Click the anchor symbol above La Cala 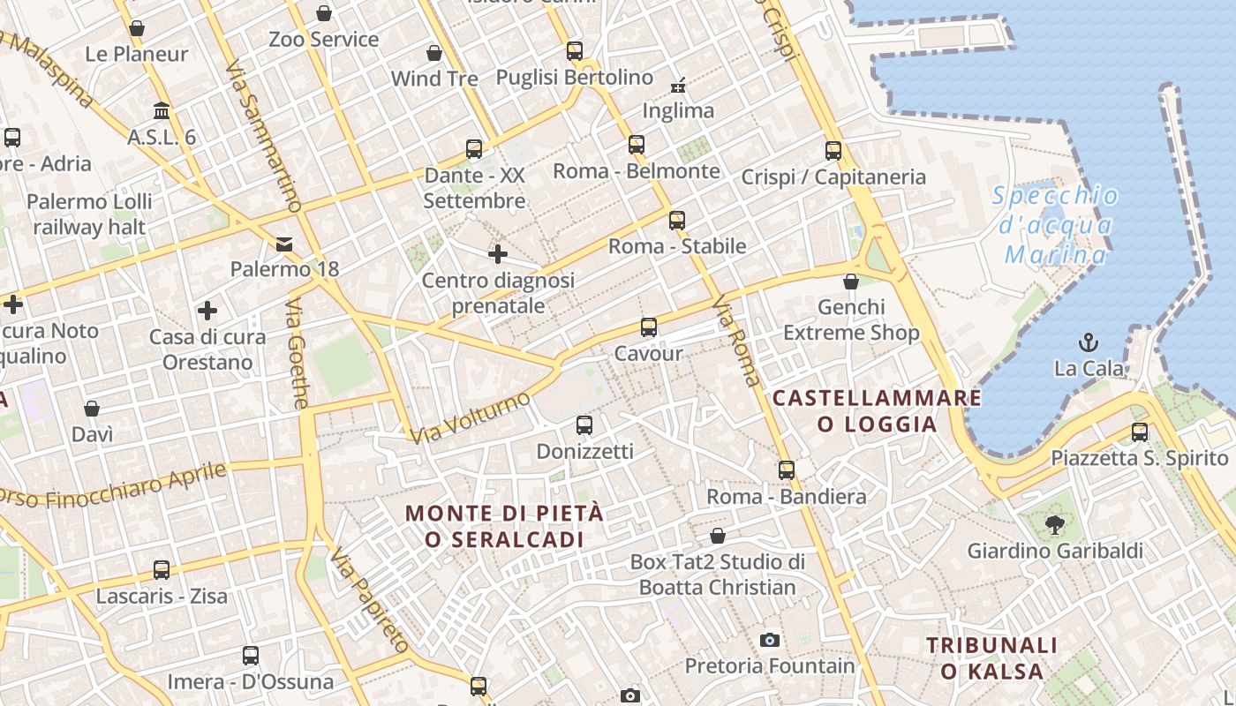(x=1089, y=342)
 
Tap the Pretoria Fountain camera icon (x=770, y=640)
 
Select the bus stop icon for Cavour (x=649, y=327)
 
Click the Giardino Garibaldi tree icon (x=1054, y=525)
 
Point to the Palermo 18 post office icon (x=284, y=244)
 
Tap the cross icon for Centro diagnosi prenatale (x=498, y=254)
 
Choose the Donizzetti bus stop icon (x=584, y=425)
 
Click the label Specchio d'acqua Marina (x=1056, y=225)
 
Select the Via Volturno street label (x=471, y=417)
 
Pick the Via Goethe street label (x=298, y=353)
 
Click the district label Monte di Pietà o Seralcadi (x=504, y=526)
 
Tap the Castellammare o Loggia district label (x=877, y=411)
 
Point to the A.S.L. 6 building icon (x=162, y=111)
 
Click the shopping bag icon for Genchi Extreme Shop (x=851, y=282)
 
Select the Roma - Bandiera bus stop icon (x=787, y=470)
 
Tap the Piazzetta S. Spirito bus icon (x=1140, y=432)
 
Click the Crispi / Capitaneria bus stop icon (x=833, y=151)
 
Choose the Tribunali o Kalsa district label (x=992, y=658)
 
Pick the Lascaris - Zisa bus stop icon (x=161, y=570)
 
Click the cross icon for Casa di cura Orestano (x=207, y=311)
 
